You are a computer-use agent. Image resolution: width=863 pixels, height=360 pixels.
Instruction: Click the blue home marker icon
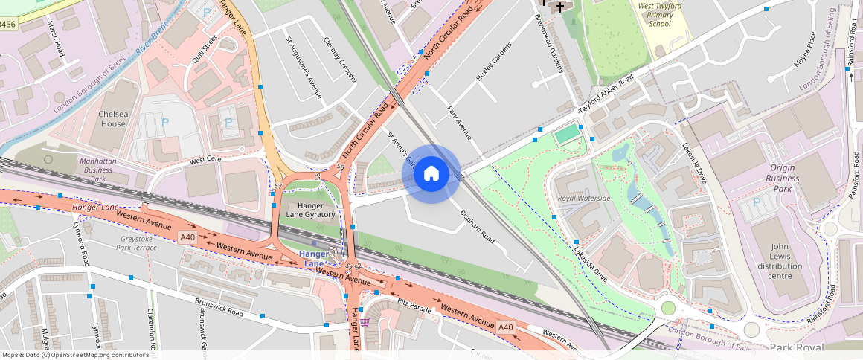431,174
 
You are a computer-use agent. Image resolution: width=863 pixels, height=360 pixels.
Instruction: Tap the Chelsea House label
113,119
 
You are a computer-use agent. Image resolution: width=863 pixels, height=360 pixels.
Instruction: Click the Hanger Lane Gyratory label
310,210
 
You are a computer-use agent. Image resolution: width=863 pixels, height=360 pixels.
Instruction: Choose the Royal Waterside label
584,199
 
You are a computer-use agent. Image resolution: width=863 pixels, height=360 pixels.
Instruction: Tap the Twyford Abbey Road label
606,94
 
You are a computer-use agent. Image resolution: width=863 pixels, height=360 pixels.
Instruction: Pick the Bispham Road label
477,226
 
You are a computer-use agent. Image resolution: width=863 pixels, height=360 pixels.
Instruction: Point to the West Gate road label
205,160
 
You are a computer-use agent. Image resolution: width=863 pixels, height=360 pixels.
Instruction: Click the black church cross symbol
560,7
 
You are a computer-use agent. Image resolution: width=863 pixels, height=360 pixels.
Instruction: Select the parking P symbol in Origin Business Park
757,202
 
